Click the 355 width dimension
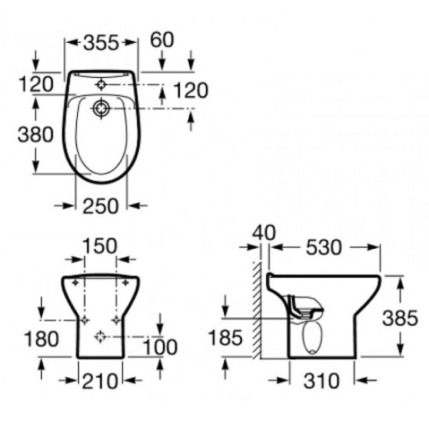[x=101, y=43]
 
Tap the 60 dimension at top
[x=162, y=40]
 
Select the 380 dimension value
[x=35, y=135]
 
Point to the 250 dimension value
[x=101, y=206]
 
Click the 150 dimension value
[x=100, y=246]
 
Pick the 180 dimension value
[x=41, y=339]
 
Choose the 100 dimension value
[x=160, y=347]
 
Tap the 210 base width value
[x=100, y=381]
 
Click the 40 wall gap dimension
[x=264, y=233]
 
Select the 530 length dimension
[x=324, y=247]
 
